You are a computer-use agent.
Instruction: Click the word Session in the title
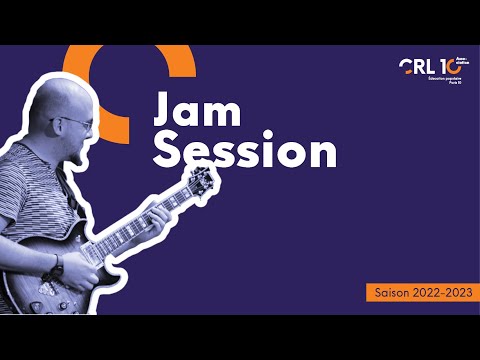click(x=246, y=152)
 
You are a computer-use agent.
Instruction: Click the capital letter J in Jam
click(x=163, y=112)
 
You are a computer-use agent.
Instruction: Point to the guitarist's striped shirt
click(x=30, y=200)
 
